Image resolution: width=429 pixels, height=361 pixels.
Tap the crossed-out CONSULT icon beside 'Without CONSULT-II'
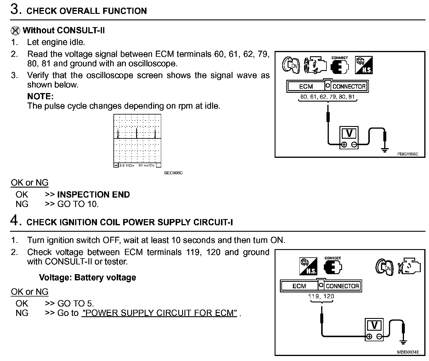coord(15,31)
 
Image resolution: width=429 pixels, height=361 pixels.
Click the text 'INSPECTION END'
coord(93,195)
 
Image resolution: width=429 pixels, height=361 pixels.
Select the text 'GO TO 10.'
coord(78,204)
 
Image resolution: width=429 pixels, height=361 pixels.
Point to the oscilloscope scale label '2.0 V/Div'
coord(127,165)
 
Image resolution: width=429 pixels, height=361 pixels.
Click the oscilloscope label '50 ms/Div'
coord(146,165)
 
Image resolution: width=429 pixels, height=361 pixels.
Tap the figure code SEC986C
coord(173,173)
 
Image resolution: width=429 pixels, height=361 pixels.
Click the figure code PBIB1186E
coord(407,154)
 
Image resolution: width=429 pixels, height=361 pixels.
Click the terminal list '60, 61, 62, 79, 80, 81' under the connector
coord(328,97)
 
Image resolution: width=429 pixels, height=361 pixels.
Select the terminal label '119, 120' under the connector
coord(321,296)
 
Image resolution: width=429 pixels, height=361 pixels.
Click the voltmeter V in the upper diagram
coord(349,134)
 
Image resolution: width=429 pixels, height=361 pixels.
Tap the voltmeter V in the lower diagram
coord(374,326)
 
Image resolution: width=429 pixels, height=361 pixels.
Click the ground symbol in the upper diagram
coord(384,150)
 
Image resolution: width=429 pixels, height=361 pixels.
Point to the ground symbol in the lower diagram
coord(403,342)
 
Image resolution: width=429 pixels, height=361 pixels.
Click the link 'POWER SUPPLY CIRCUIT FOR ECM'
coord(159,313)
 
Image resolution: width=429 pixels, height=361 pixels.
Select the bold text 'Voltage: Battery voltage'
coord(88,278)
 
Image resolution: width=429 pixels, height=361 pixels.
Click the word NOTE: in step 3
coord(40,96)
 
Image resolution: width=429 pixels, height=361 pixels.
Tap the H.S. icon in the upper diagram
coord(364,65)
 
